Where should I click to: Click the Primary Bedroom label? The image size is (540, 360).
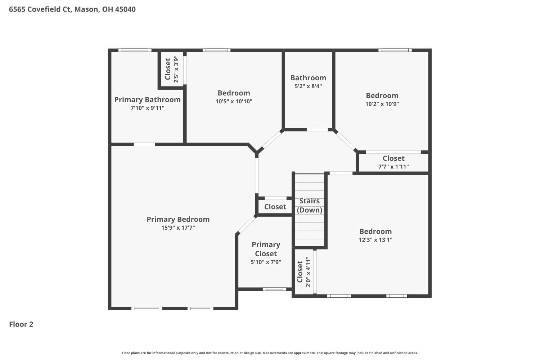[178, 219]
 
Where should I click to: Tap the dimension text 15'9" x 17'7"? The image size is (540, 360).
[178, 228]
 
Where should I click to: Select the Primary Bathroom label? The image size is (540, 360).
[147, 100]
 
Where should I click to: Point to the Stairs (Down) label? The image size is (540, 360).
[310, 206]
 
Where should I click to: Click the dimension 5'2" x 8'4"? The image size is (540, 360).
[308, 86]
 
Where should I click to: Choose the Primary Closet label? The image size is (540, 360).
[266, 249]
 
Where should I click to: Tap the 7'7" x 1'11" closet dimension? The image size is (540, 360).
[393, 167]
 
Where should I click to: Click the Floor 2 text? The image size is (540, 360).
[21, 324]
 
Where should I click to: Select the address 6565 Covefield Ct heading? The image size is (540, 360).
[72, 9]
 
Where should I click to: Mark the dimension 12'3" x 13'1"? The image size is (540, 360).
[375, 240]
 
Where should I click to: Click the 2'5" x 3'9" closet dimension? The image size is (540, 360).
[176, 69]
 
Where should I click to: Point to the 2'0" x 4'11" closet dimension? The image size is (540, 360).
[308, 272]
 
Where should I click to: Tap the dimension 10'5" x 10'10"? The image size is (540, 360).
[234, 102]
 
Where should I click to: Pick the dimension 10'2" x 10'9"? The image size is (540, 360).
[382, 104]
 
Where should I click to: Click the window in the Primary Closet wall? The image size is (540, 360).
[274, 289]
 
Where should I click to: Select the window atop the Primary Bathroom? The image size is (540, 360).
[135, 50]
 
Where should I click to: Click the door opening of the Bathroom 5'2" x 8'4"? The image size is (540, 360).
[317, 130]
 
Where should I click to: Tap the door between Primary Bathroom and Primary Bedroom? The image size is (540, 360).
[144, 144]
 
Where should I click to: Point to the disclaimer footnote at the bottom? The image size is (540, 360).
[270, 353]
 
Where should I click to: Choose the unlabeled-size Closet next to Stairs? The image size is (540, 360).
[275, 207]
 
